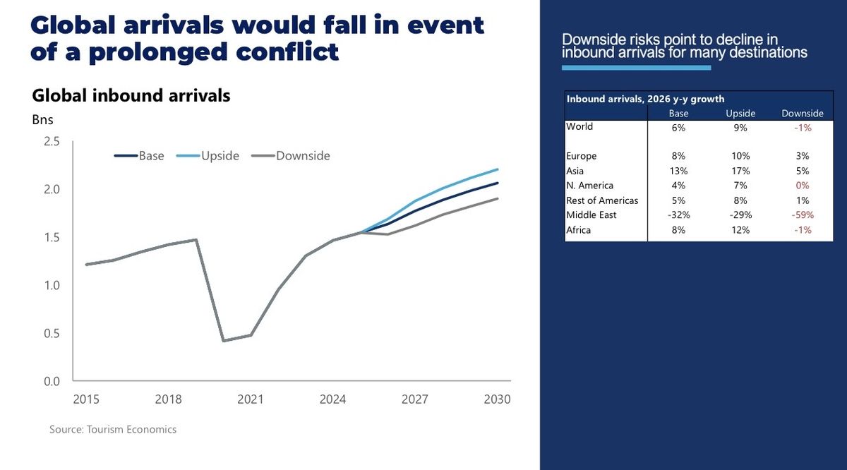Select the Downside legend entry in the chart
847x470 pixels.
point(290,156)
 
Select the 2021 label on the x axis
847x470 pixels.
point(250,399)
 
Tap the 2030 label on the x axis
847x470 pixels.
point(497,399)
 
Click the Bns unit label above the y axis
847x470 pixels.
point(42,119)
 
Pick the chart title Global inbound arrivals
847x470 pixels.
point(131,96)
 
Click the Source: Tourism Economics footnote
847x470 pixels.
point(113,429)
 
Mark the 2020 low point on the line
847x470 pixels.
point(223,341)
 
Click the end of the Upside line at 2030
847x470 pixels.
point(498,169)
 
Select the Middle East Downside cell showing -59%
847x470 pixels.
point(803,215)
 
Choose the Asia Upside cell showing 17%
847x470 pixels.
point(740,171)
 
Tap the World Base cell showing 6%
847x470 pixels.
point(678,127)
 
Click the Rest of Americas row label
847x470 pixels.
point(602,200)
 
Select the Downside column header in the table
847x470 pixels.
point(803,113)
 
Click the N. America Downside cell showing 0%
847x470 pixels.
point(803,186)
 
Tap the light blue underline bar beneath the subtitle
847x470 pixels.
point(636,68)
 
